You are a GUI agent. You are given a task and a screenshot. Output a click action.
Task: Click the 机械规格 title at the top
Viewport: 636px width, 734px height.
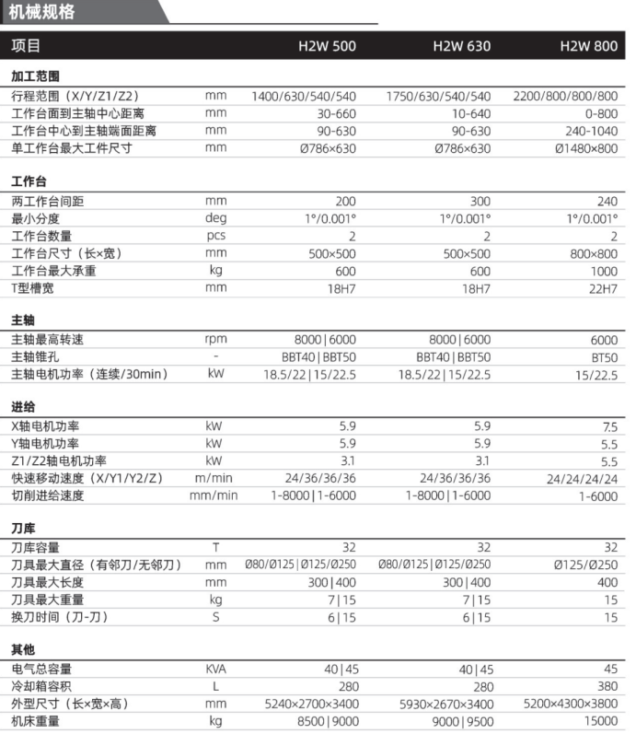(42, 12)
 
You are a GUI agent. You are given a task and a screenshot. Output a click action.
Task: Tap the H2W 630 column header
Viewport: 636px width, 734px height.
(462, 46)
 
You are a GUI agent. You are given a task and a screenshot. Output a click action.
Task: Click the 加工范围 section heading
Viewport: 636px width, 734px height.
(36, 76)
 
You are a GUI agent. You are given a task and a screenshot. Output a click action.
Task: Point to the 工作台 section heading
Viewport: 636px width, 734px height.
(29, 181)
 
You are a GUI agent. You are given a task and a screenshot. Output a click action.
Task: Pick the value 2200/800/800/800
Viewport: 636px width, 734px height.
(565, 96)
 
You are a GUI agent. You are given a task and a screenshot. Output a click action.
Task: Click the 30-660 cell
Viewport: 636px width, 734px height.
(336, 113)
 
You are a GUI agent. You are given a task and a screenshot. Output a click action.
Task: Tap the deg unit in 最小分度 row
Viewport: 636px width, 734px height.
(215, 218)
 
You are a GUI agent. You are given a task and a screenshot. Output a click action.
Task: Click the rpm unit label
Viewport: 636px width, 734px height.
(215, 340)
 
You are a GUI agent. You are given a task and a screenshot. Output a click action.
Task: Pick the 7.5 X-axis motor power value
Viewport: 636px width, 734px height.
(608, 426)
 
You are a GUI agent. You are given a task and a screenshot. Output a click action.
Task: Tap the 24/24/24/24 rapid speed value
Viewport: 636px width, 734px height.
(582, 479)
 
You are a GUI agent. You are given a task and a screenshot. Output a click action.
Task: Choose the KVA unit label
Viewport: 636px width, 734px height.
(215, 670)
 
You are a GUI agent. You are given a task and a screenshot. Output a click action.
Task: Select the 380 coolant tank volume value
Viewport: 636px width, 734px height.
(607, 687)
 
